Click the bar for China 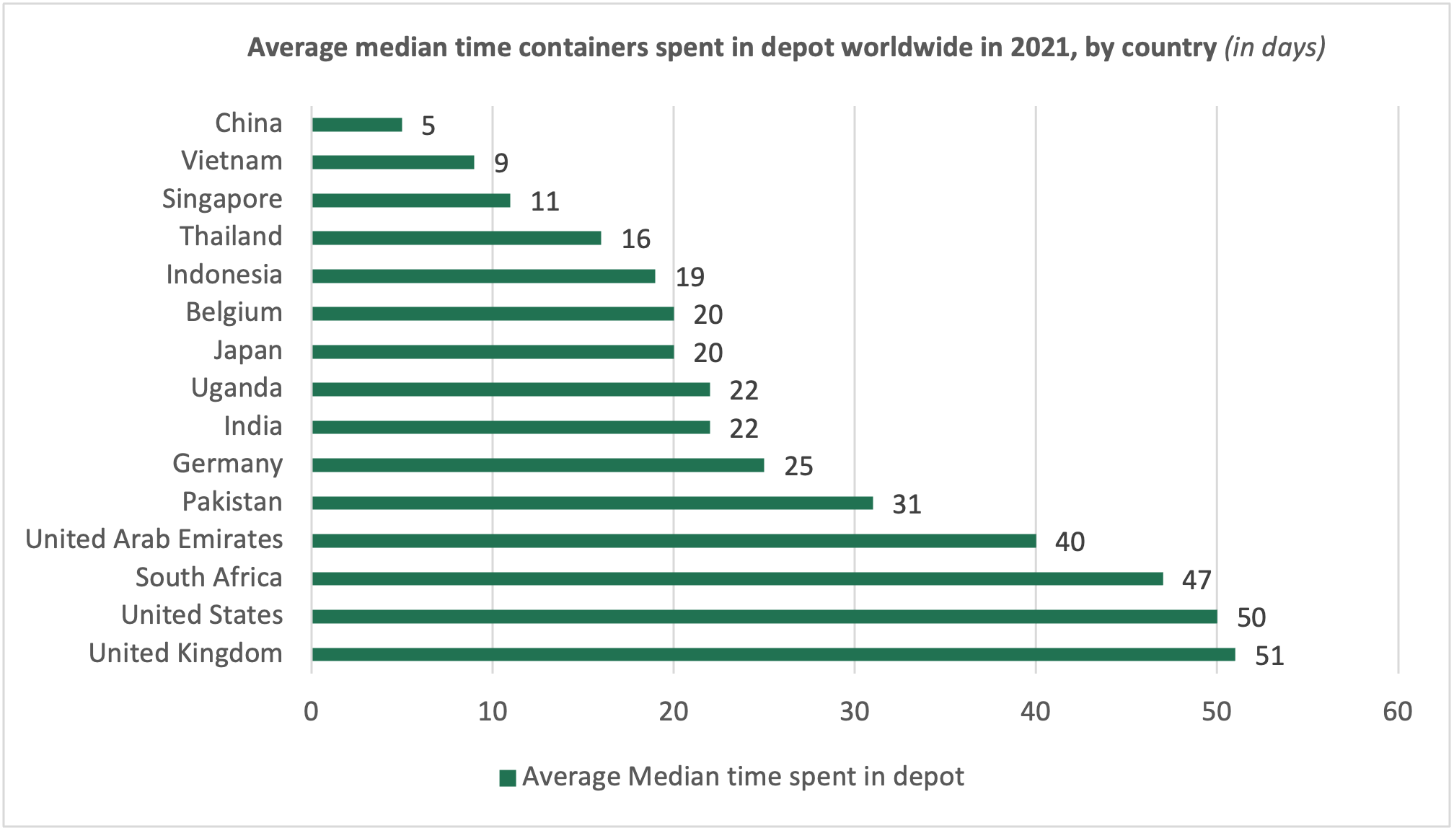click(357, 125)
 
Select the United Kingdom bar click(773, 654)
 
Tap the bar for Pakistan click(592, 503)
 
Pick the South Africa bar click(737, 578)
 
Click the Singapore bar click(411, 200)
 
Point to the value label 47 click(1197, 580)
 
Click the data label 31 click(907, 504)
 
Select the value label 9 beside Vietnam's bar click(501, 164)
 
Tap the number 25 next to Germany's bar click(798, 467)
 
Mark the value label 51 click(1269, 656)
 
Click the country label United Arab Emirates click(154, 539)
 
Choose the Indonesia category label click(224, 275)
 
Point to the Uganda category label click(237, 388)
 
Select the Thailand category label click(231, 237)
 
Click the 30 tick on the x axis click(855, 712)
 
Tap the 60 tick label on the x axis click(1398, 712)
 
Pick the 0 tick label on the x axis click(312, 712)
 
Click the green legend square click(508, 777)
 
